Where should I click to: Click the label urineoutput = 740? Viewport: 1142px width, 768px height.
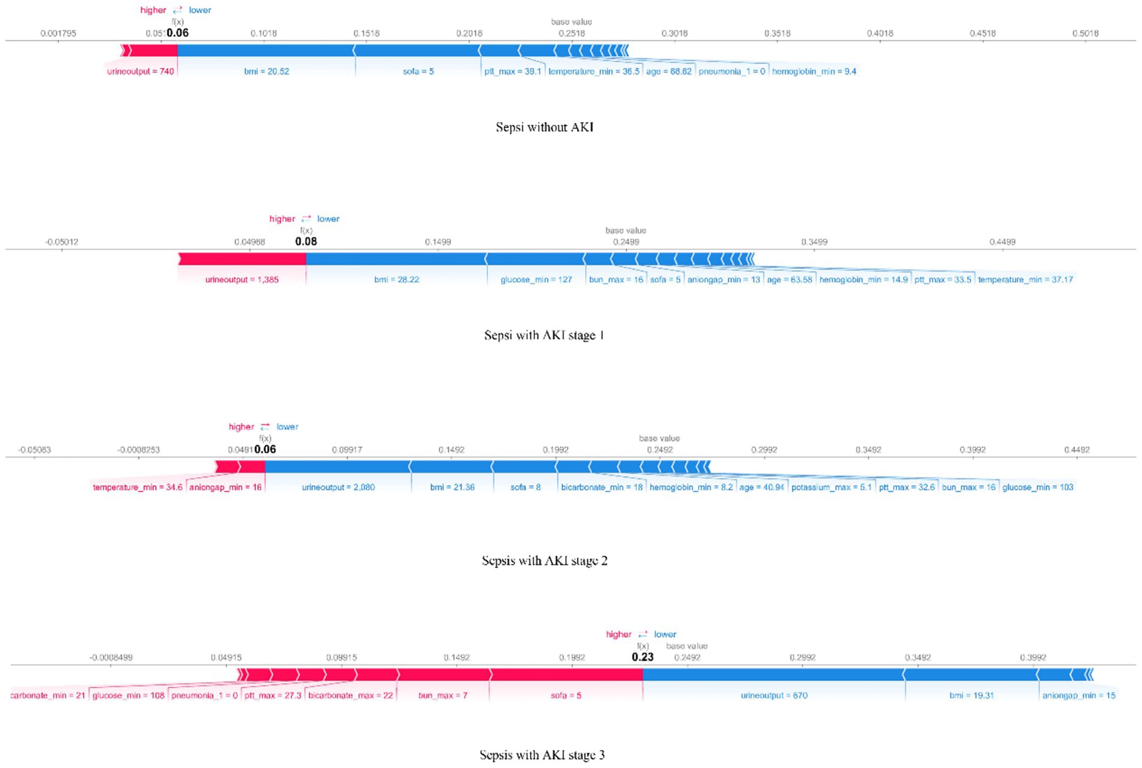(x=140, y=71)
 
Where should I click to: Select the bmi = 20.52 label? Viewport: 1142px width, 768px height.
(x=266, y=71)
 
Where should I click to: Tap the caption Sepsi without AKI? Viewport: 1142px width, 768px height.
(x=545, y=127)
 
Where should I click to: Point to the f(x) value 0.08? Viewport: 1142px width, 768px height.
(x=306, y=241)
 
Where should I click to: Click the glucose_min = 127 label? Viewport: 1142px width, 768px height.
(x=536, y=280)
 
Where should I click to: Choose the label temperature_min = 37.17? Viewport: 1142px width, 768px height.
(x=1025, y=280)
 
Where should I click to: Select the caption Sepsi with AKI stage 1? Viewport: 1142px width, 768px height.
(x=544, y=335)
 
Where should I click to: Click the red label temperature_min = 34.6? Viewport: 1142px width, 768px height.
(x=137, y=488)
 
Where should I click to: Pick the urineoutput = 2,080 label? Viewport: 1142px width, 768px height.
(x=338, y=488)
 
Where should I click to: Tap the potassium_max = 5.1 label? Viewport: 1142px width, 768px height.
(x=831, y=488)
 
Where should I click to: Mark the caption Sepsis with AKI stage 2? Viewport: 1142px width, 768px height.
(x=545, y=561)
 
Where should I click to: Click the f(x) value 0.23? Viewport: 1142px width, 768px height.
(x=642, y=658)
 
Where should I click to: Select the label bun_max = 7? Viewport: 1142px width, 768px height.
(x=443, y=696)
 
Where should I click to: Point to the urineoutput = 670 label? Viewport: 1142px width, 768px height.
(x=774, y=696)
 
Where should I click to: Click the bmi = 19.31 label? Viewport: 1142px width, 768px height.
(x=971, y=696)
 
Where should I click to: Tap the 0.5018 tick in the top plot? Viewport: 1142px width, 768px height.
(x=1085, y=34)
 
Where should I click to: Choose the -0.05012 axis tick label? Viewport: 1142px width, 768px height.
(x=61, y=242)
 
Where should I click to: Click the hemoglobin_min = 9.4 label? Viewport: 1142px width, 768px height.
(x=814, y=71)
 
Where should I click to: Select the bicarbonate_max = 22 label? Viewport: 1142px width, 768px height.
(x=350, y=696)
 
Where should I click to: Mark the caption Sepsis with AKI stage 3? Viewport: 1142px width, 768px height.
(x=542, y=755)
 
